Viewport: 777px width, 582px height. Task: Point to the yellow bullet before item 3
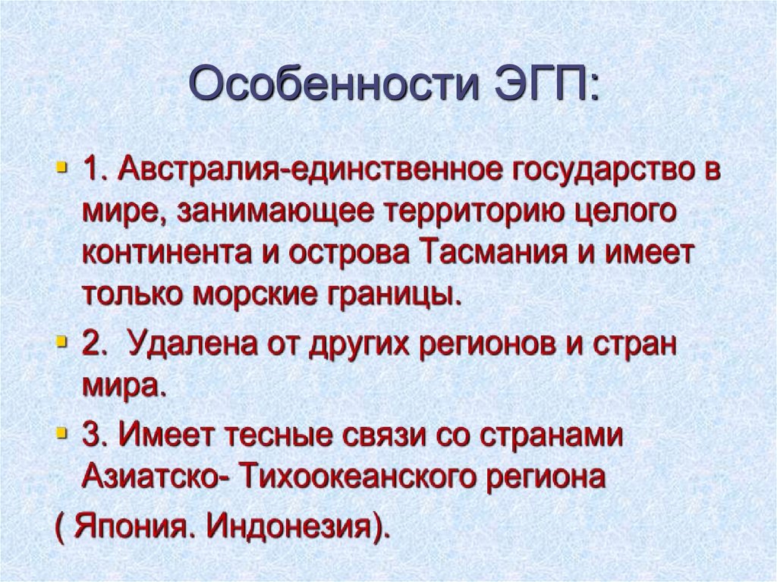click(x=61, y=434)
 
